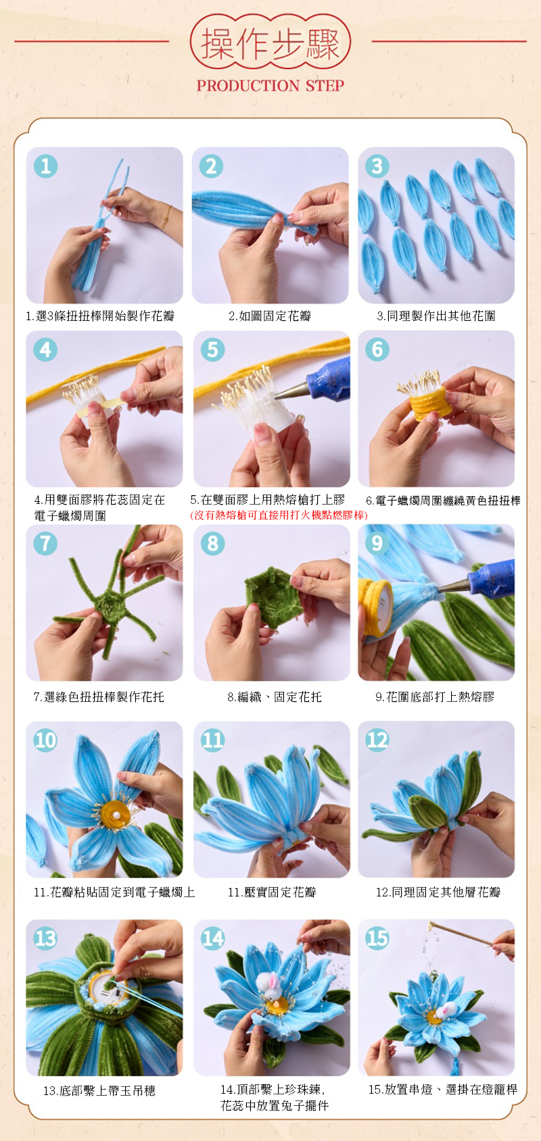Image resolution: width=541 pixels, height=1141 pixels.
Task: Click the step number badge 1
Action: (x=46, y=167)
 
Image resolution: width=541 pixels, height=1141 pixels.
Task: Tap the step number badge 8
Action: (x=212, y=543)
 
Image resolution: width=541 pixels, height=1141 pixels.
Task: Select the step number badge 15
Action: (x=377, y=938)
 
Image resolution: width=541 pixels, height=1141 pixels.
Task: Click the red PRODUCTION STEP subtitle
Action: (x=270, y=85)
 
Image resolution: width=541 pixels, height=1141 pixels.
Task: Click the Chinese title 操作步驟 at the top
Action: (x=270, y=43)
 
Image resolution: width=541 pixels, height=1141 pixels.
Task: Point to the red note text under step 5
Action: (x=279, y=515)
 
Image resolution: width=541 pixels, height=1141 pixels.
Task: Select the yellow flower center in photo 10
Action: (x=115, y=814)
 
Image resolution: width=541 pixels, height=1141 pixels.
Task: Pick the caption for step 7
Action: (x=99, y=696)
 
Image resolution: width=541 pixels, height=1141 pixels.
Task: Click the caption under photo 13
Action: (x=99, y=1090)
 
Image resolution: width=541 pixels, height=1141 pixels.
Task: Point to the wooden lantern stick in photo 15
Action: (x=461, y=935)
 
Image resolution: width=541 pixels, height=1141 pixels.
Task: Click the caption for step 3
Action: (x=436, y=315)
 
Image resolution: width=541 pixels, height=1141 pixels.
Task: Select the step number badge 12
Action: (x=377, y=740)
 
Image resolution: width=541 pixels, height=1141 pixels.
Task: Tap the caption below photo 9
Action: (x=435, y=696)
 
